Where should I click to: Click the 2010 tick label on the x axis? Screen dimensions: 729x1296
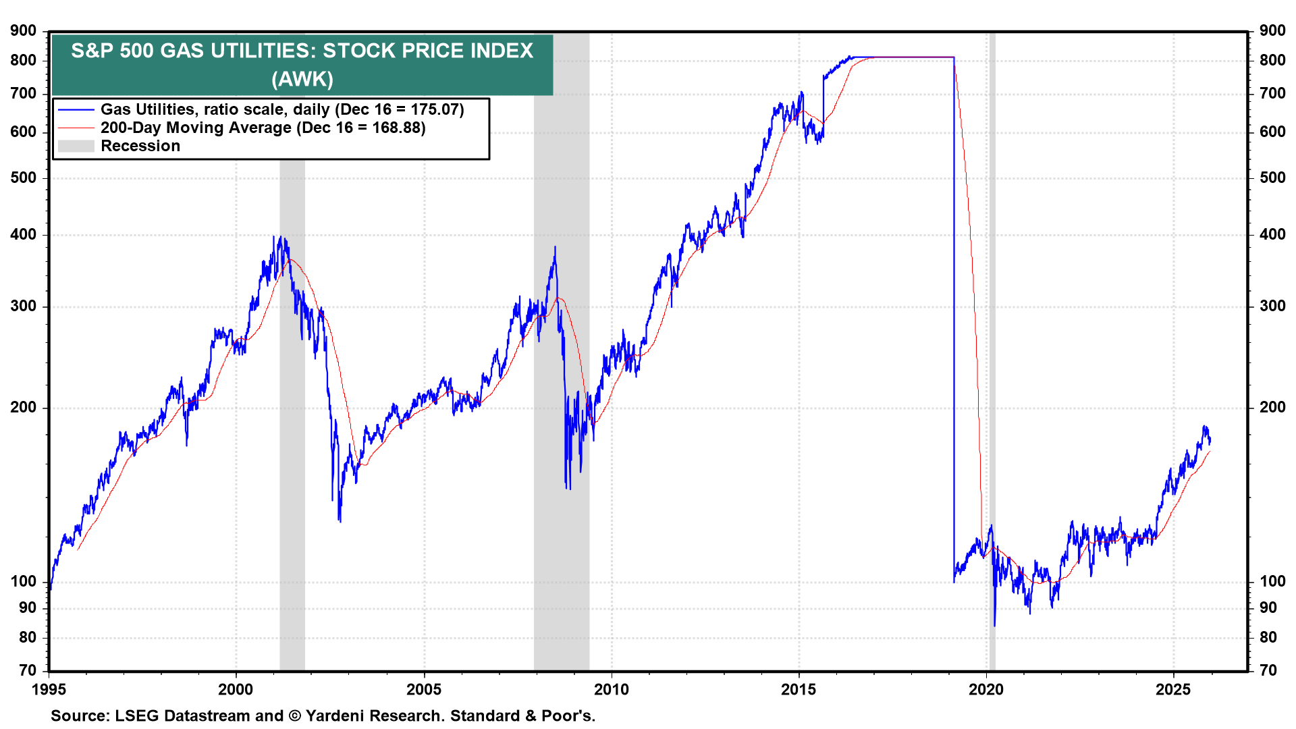[611, 689]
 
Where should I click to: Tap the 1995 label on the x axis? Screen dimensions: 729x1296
[49, 689]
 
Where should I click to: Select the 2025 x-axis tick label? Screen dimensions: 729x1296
[1173, 689]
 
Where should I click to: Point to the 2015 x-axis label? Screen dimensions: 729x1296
[799, 689]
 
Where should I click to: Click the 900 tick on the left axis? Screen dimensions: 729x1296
[24, 30]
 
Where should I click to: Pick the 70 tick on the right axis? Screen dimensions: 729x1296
[1268, 670]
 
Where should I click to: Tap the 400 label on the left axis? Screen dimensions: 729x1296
[24, 235]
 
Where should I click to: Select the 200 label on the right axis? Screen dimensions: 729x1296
[1272, 407]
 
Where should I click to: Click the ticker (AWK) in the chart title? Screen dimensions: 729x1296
[302, 79]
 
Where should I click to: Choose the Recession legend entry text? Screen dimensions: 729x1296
[140, 146]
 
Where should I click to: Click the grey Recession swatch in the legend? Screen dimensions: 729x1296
[76, 146]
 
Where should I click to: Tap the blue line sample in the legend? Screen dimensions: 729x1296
[76, 109]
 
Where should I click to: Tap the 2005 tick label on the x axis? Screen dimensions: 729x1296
[424, 689]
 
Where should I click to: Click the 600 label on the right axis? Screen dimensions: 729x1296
[1272, 132]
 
